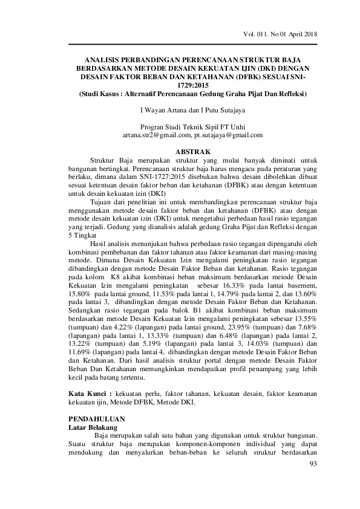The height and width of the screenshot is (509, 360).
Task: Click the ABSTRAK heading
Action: (x=192, y=151)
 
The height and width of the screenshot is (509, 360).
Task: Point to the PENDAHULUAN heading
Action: (x=97, y=418)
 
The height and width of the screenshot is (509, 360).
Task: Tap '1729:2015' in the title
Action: (x=192, y=86)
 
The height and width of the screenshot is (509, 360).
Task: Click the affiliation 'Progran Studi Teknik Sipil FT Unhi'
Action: (x=192, y=127)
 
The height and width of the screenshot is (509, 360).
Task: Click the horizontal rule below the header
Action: (x=192, y=44)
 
